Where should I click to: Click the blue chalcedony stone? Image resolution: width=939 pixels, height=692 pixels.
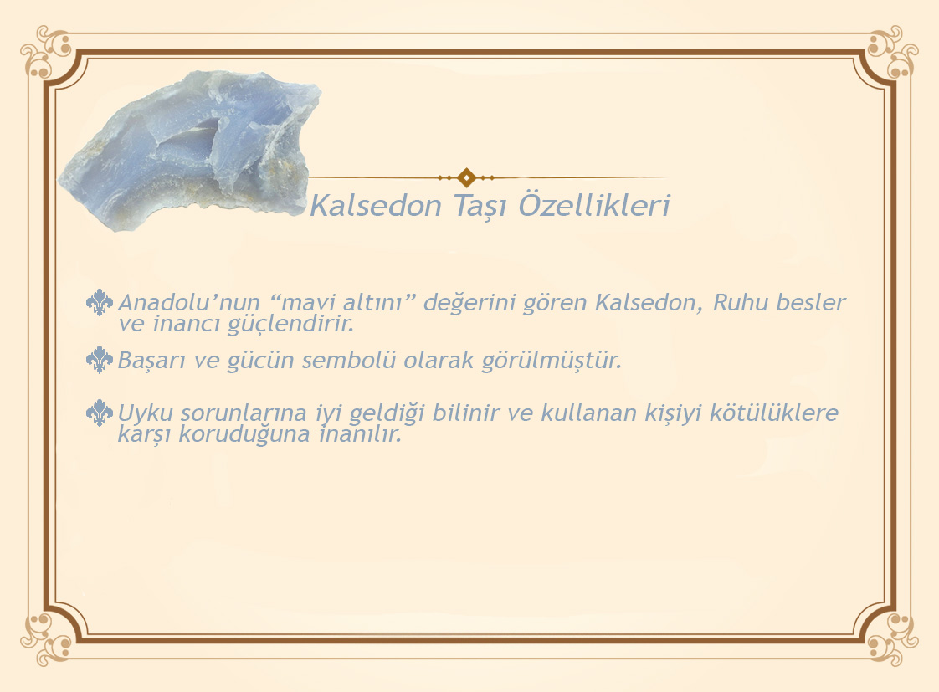192,150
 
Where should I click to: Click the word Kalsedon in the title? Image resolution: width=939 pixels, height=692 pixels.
376,205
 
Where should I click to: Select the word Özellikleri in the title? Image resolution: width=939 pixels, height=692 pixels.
594,204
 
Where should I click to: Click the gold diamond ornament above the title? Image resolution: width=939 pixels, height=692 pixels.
466,177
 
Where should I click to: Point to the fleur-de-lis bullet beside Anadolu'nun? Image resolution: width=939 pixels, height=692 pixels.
100,302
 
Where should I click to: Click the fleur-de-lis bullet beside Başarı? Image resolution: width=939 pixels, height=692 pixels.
100,360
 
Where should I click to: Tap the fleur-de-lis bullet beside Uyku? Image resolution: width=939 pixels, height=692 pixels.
100,413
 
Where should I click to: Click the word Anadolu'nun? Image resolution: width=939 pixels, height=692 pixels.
189,302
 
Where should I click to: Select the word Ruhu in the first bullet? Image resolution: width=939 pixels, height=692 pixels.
740,302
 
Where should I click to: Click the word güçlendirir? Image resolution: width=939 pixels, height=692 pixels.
291,325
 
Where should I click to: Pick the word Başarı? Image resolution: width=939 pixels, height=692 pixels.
151,361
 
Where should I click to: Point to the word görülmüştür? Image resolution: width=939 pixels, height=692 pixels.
552,361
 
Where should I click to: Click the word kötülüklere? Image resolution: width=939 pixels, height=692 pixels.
774,413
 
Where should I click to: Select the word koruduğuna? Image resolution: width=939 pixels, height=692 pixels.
244,434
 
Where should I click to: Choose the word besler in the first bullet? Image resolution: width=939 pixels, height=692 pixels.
811,302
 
